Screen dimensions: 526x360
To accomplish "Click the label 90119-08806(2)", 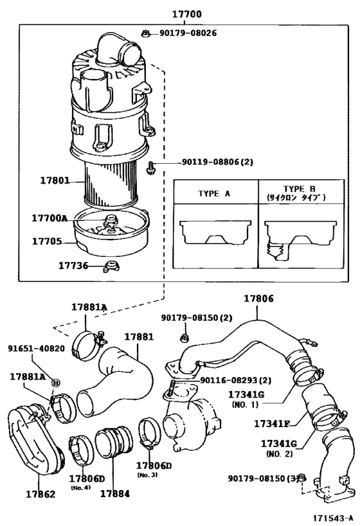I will (x=208, y=162).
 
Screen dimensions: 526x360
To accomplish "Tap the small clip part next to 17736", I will (x=111, y=265).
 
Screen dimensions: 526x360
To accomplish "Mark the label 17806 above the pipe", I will (x=258, y=299).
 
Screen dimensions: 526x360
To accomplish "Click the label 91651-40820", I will (x=36, y=348).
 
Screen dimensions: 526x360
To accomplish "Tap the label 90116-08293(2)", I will (x=235, y=380).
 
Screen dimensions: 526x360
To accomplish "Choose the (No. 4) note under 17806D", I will (x=80, y=487).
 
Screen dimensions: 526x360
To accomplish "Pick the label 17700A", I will (x=50, y=218).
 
